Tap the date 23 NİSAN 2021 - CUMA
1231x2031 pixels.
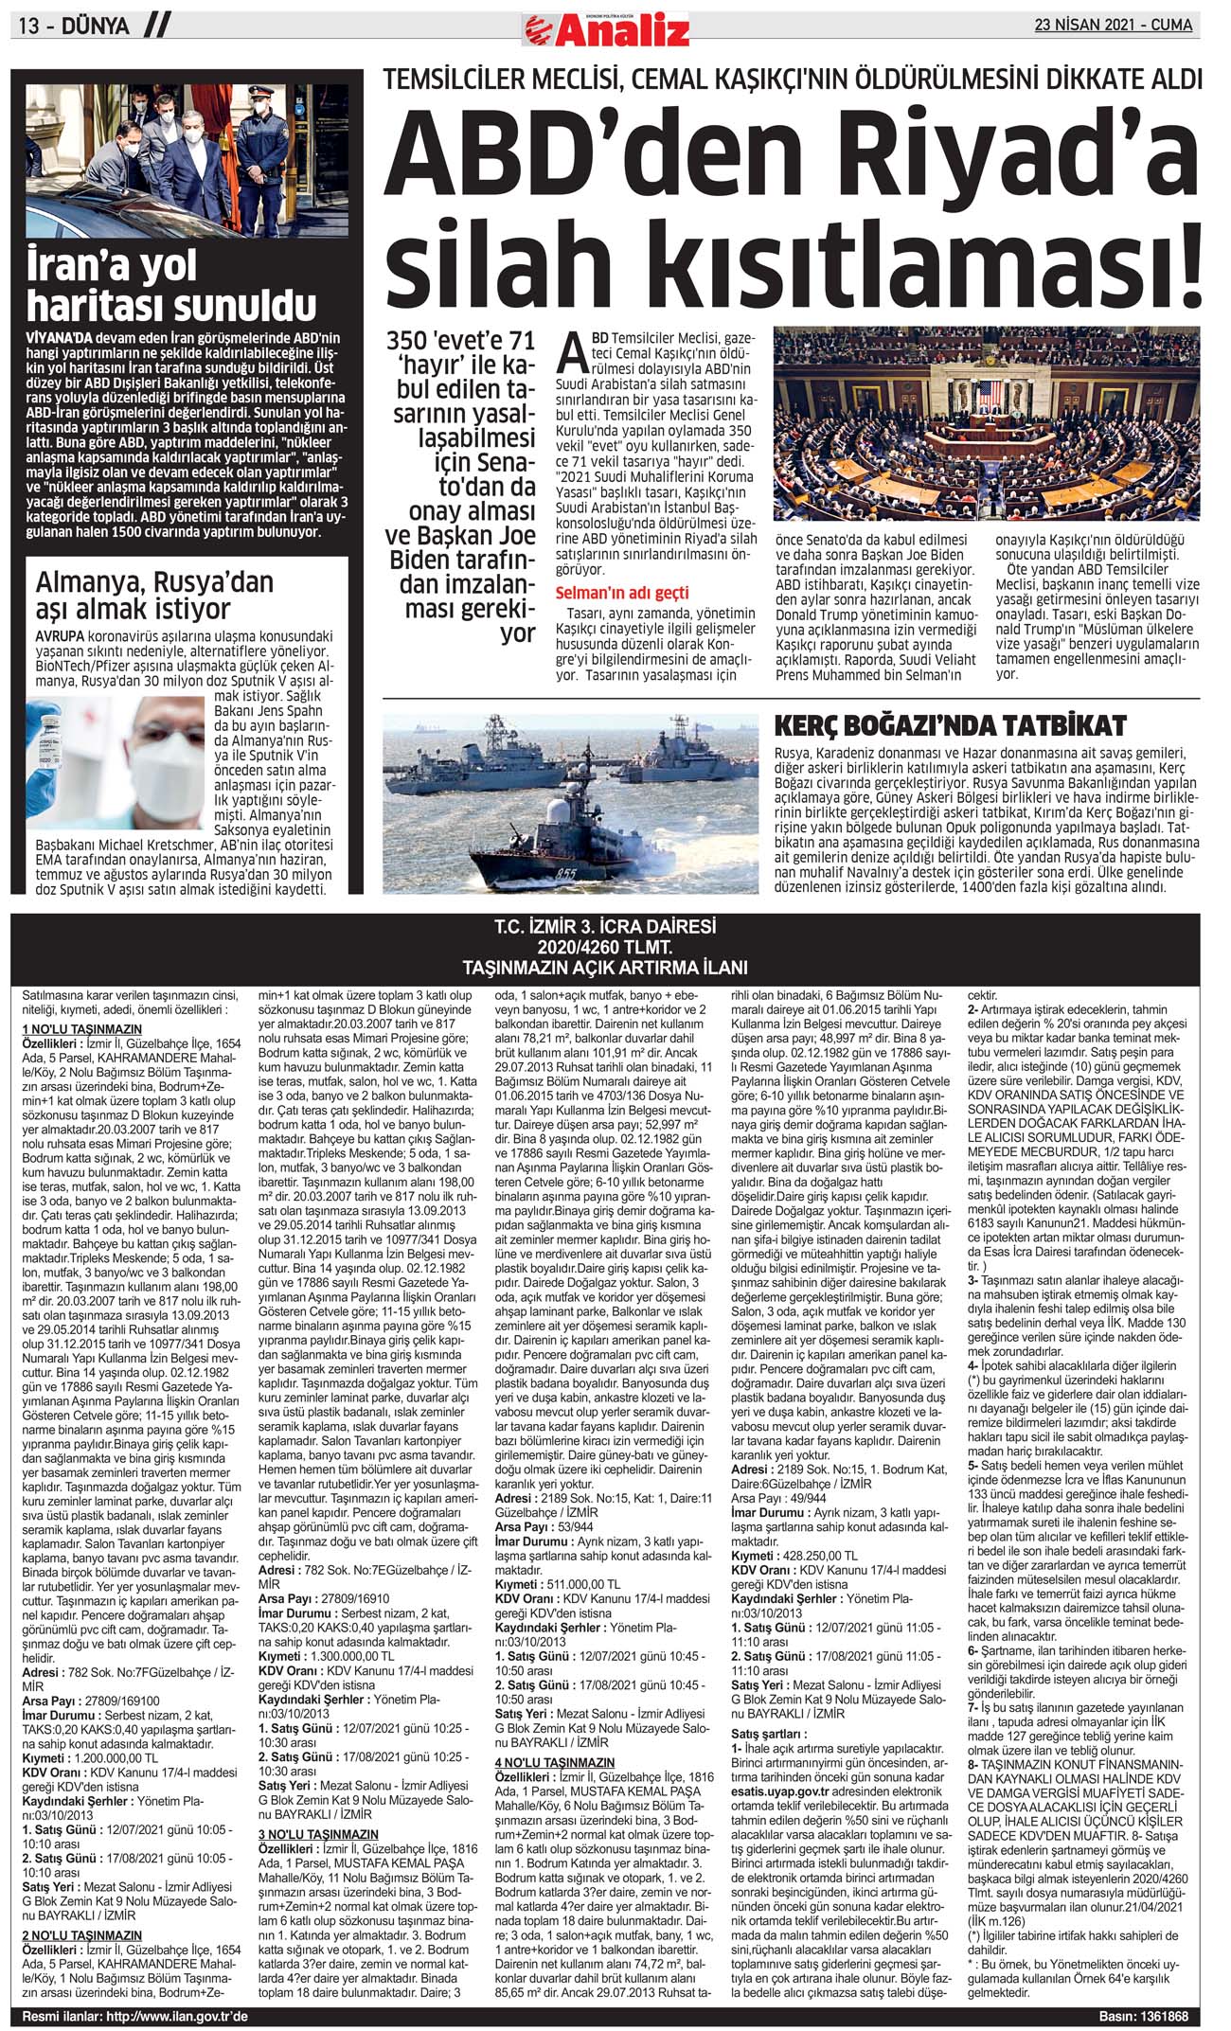click(1113, 25)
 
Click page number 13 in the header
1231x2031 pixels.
click(27, 26)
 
